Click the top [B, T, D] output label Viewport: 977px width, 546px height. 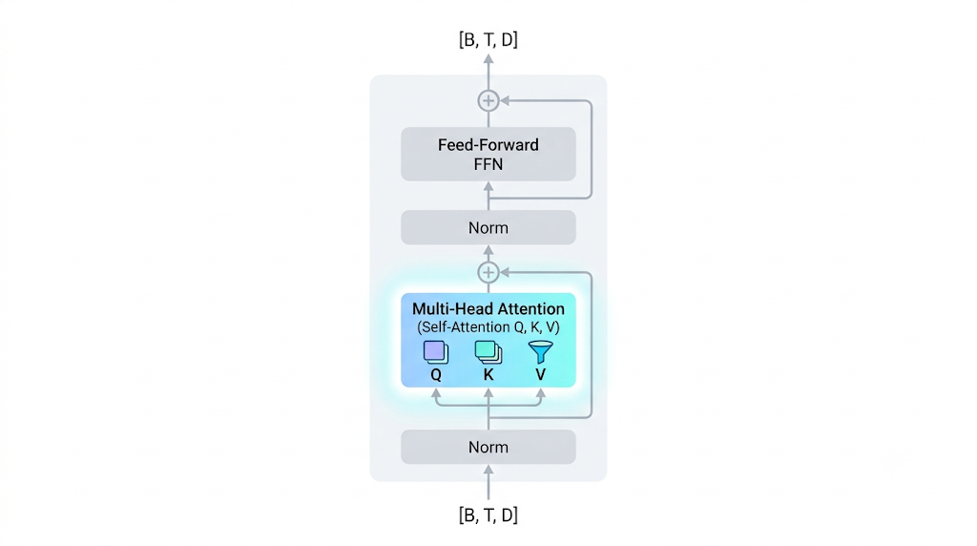(488, 40)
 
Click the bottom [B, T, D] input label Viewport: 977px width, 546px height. (488, 514)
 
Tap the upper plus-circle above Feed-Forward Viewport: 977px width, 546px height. (488, 100)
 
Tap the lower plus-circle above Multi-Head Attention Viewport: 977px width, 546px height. (488, 272)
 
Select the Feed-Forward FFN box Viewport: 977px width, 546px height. (488, 154)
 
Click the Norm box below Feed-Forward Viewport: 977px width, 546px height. (488, 227)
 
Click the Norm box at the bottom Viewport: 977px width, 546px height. (488, 447)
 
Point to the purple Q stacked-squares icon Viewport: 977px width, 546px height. (435, 352)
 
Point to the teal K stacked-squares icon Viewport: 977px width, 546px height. (488, 352)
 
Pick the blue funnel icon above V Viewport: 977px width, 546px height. (540, 352)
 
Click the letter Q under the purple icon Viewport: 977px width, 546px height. (435, 374)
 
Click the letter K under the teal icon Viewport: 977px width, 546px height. (488, 374)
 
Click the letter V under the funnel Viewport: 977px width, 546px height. (540, 374)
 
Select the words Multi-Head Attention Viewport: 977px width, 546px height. (488, 308)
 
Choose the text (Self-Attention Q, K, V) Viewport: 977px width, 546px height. (488, 327)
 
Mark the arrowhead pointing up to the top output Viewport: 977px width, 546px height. (488, 59)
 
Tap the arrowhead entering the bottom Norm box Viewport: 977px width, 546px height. (488, 470)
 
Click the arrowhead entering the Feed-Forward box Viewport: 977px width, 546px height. (488, 186)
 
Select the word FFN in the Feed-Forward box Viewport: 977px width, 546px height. (488, 164)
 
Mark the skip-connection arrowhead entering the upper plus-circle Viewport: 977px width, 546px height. (505, 100)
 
